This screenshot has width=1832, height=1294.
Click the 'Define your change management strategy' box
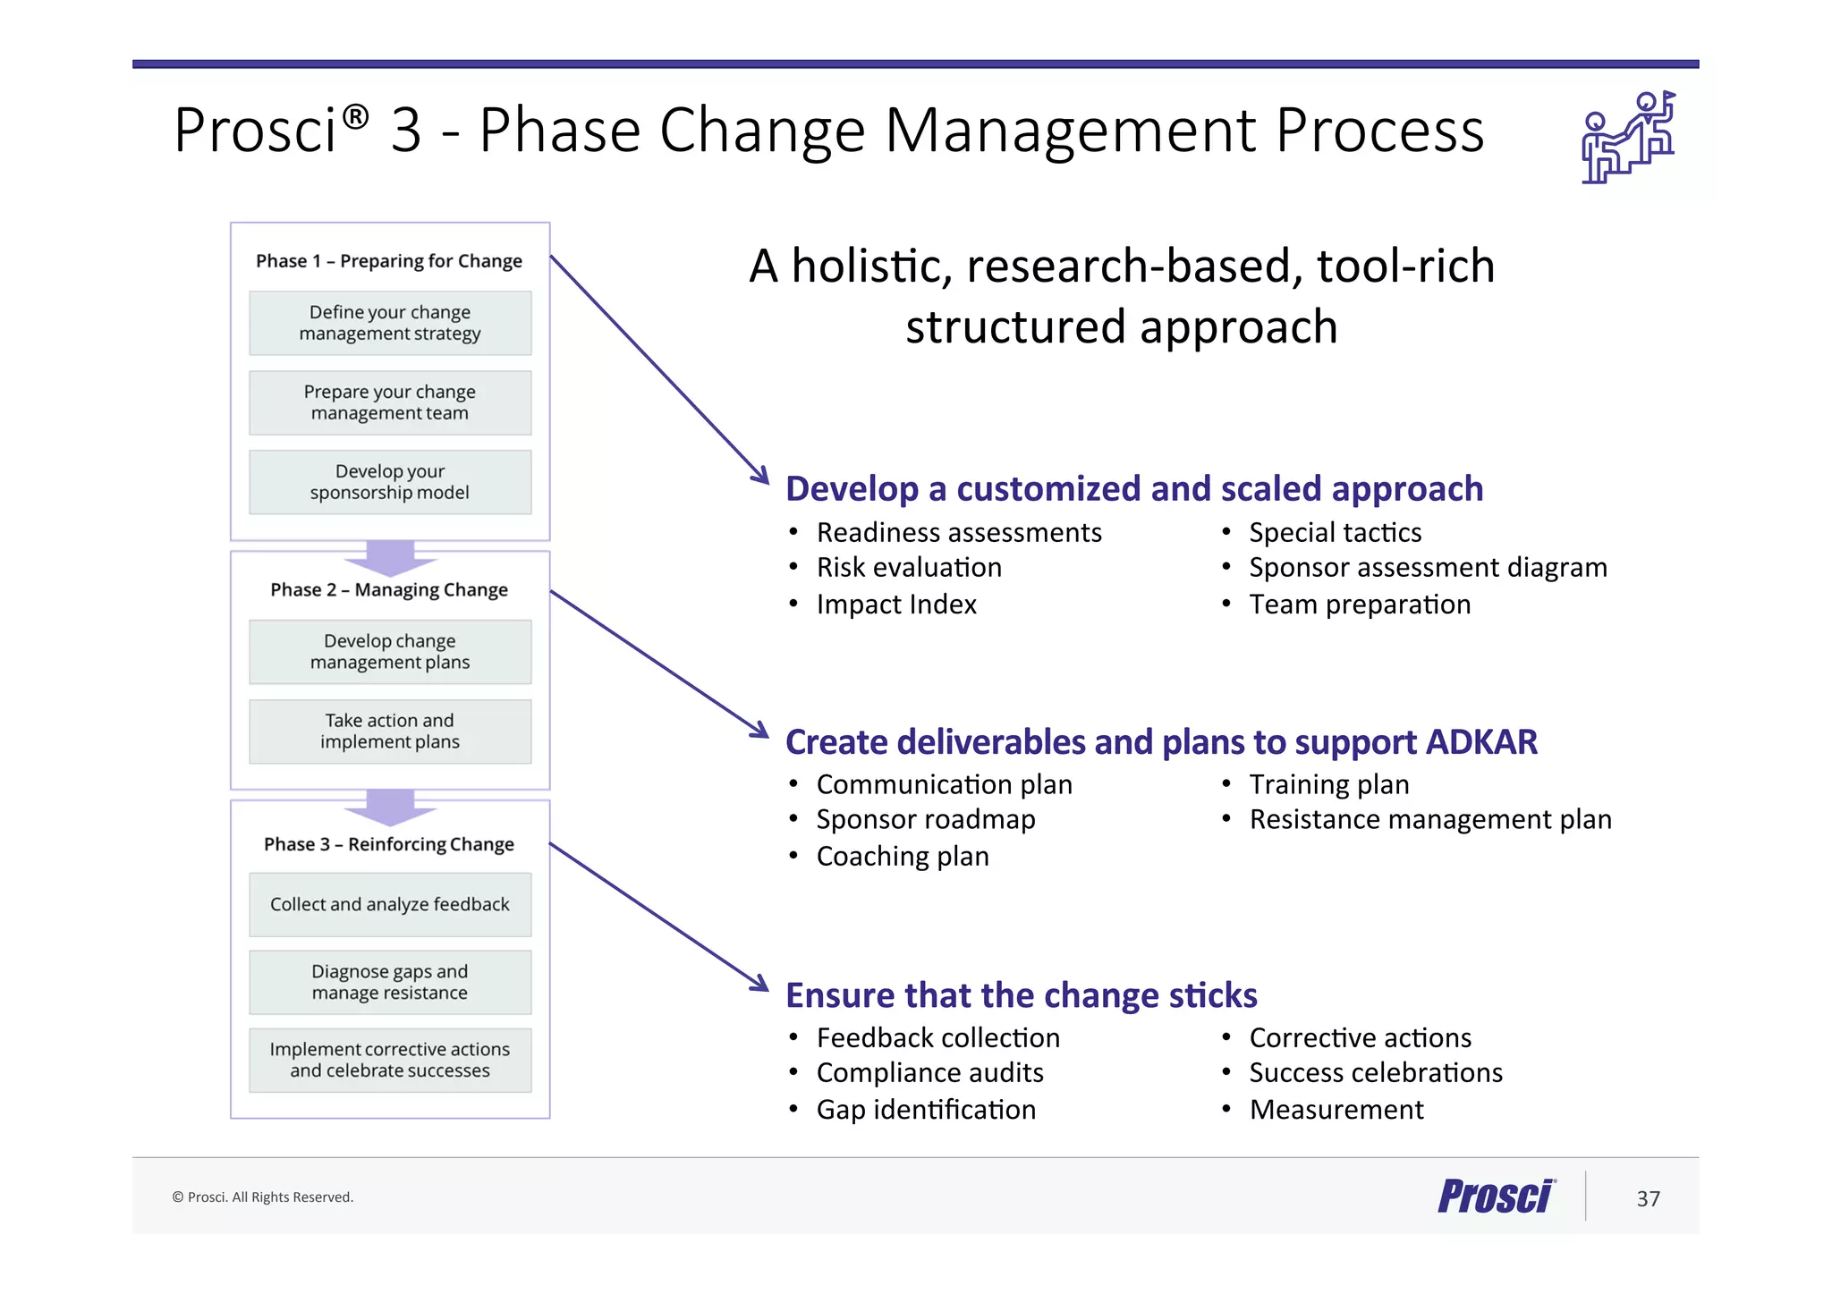(390, 323)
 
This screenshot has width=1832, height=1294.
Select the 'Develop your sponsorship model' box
(390, 482)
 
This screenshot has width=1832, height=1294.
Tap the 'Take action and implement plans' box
(390, 732)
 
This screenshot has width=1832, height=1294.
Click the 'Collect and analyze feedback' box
(390, 904)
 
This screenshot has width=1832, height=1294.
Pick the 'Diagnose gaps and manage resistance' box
(390, 982)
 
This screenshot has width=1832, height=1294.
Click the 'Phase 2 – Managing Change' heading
(389, 590)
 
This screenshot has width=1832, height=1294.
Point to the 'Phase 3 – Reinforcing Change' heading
(389, 844)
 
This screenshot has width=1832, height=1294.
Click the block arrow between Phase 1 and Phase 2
(390, 557)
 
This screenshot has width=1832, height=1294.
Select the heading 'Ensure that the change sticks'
(1021, 995)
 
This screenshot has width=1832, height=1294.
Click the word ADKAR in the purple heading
(1481, 742)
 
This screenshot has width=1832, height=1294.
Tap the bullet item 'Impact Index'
(896, 605)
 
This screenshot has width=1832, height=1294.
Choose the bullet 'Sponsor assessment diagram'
(1428, 568)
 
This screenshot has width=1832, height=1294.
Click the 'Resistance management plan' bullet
(1430, 820)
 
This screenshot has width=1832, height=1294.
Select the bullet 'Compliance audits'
(929, 1073)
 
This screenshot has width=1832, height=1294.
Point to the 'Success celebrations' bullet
(1376, 1073)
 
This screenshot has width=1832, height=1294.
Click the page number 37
(1648, 1198)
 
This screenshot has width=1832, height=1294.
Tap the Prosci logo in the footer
(1497, 1197)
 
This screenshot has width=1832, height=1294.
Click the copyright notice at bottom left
(263, 1197)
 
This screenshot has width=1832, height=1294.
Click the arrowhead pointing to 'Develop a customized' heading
(760, 474)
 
